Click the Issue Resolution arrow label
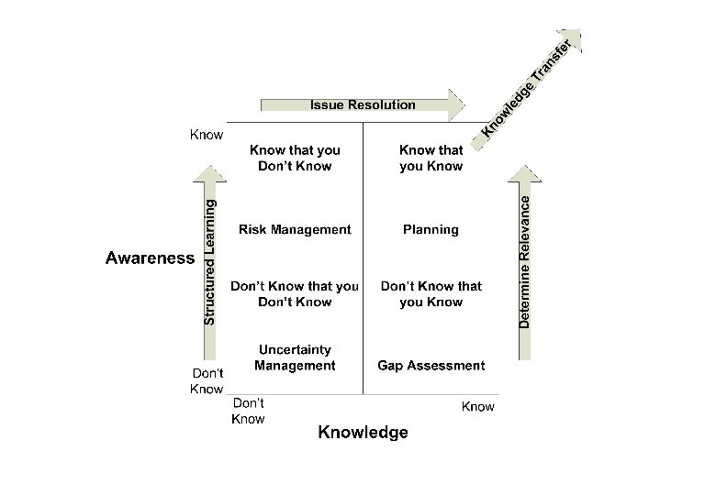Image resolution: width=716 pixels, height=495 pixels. click(363, 104)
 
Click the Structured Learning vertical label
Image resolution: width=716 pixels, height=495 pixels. click(210, 262)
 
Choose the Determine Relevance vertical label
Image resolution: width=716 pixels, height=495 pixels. click(525, 262)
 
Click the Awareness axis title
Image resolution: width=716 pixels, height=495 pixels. click(150, 258)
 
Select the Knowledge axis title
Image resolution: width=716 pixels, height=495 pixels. click(363, 433)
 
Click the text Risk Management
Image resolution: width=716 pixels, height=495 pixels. click(295, 229)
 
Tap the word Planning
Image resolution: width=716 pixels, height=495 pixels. click(431, 229)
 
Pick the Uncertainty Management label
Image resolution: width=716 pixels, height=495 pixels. click(295, 357)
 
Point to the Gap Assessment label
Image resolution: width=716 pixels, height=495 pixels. click(431, 365)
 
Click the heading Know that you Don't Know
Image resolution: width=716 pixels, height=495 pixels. click(295, 158)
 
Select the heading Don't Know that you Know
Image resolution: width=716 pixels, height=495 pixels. click(431, 293)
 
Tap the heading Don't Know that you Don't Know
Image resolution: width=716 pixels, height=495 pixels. click(295, 293)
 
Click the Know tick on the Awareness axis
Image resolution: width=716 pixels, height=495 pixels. click(207, 135)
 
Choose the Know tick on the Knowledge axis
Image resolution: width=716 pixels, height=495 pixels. click(477, 406)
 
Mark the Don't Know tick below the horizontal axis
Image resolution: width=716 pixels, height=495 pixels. click(248, 411)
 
